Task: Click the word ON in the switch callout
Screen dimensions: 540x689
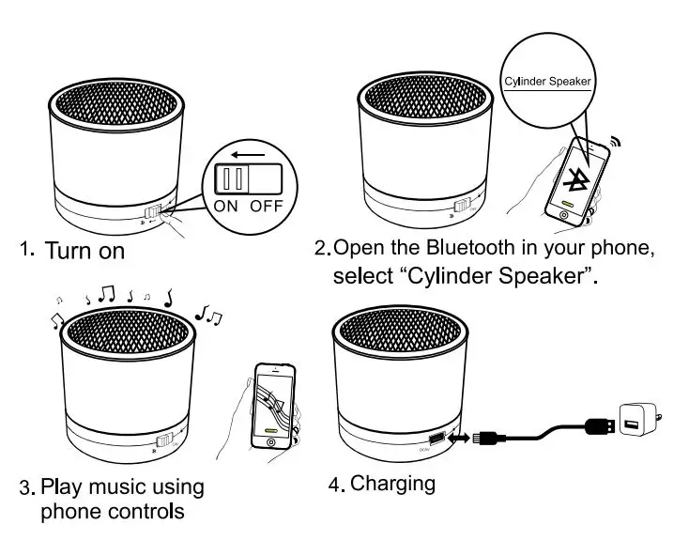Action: click(226, 206)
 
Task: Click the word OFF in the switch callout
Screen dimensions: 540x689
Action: click(267, 206)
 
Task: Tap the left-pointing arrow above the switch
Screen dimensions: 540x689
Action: click(248, 152)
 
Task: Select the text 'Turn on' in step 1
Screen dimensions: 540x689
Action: click(84, 252)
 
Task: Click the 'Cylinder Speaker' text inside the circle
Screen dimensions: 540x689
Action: click(547, 82)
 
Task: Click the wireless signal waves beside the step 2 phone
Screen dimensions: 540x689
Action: click(616, 142)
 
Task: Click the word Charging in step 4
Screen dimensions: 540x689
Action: click(392, 484)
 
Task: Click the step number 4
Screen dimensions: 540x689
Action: click(333, 486)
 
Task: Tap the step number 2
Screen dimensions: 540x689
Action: click(320, 250)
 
